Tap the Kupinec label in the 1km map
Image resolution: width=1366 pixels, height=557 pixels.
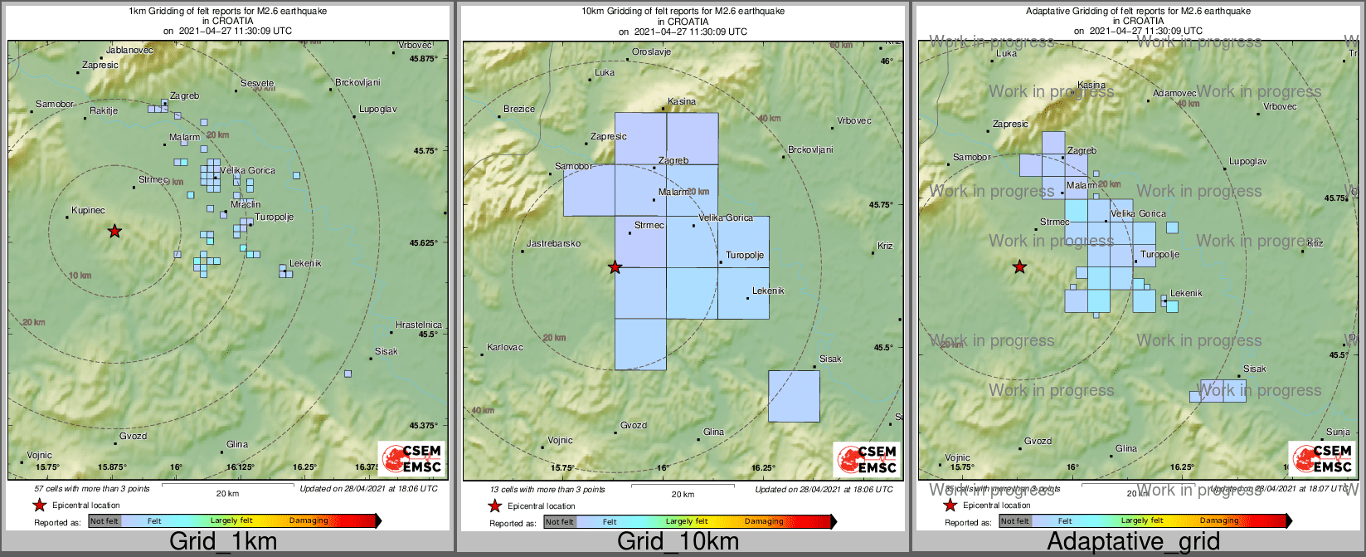click(88, 210)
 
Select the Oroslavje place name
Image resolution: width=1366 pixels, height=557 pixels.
click(651, 51)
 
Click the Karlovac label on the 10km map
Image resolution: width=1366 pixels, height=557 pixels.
click(504, 347)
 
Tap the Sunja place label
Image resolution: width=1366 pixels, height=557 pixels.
click(1338, 432)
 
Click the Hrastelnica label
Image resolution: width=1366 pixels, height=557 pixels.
click(418, 325)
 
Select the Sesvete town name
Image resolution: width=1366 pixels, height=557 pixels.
click(257, 83)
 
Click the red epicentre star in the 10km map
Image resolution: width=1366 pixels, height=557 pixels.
click(615, 266)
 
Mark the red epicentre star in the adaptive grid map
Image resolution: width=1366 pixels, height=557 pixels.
click(1019, 266)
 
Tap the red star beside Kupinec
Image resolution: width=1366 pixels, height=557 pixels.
click(114, 231)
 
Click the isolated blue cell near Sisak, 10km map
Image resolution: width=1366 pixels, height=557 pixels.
click(794, 396)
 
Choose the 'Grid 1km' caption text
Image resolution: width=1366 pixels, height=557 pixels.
click(223, 542)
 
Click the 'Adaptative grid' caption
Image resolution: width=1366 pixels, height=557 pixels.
click(1133, 542)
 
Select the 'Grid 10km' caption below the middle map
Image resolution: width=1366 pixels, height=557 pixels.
click(678, 542)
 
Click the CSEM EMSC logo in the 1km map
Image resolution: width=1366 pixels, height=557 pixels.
click(411, 459)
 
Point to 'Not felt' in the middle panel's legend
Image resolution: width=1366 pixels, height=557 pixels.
click(559, 521)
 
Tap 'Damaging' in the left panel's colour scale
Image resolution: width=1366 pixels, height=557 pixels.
click(309, 520)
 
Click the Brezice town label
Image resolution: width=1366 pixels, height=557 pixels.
click(519, 109)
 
